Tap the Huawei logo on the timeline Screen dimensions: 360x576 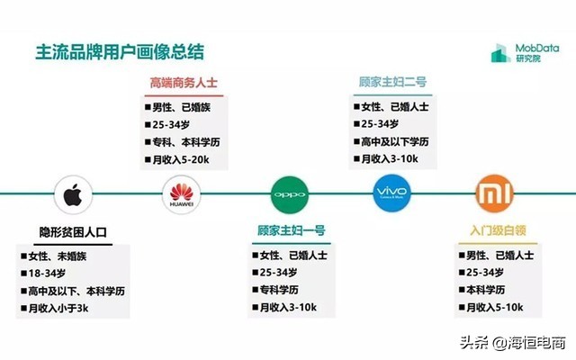[x=183, y=193]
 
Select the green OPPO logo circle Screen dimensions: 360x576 [x=290, y=193]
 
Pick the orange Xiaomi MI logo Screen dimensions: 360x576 [x=494, y=193]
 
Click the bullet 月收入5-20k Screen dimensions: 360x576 [x=180, y=159]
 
